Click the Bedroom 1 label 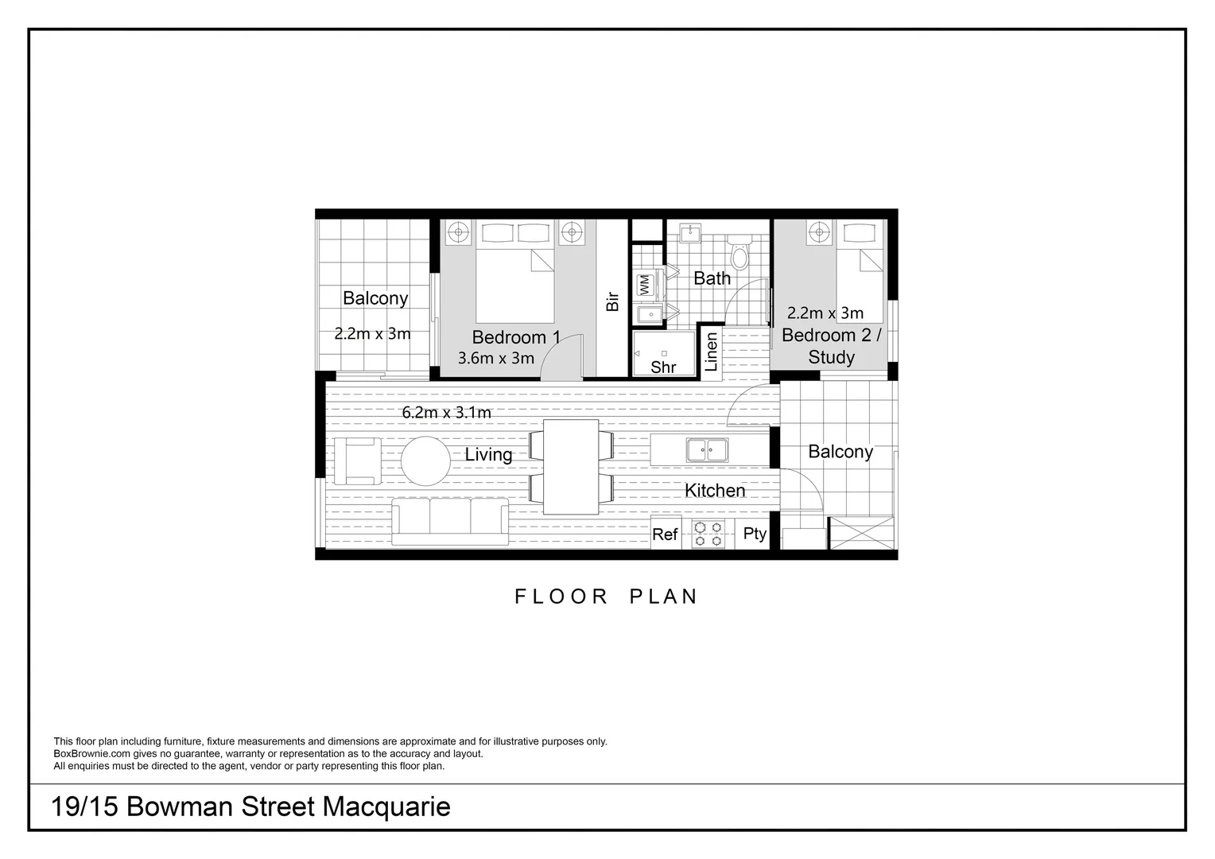tap(516, 337)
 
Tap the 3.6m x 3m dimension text tap(496, 359)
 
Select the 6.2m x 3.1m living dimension tap(446, 413)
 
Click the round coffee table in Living tap(425, 461)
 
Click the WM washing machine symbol tap(645, 284)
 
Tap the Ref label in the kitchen tap(665, 534)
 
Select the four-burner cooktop tap(708, 534)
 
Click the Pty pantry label tap(755, 534)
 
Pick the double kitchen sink tap(707, 450)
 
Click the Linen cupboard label tap(712, 352)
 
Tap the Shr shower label tap(663, 367)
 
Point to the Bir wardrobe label tap(612, 301)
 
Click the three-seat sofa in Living tap(450, 521)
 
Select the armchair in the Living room tap(357, 461)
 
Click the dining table tap(571, 467)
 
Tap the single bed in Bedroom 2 tap(860, 270)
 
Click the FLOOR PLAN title tap(606, 597)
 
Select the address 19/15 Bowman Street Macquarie tap(250, 807)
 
